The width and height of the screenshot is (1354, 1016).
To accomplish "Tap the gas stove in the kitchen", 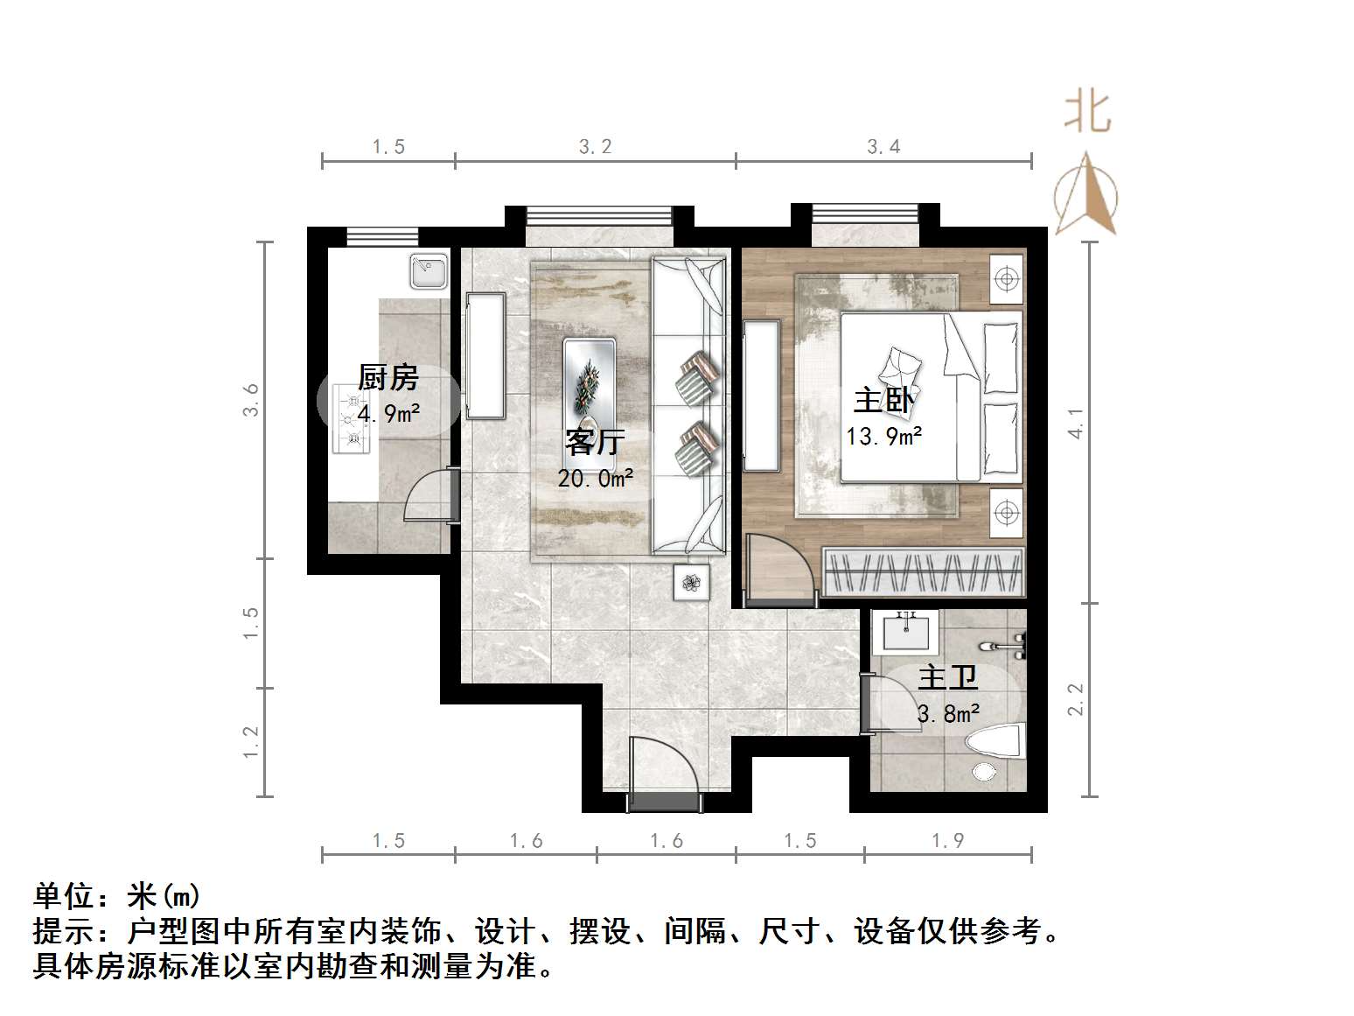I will [x=351, y=420].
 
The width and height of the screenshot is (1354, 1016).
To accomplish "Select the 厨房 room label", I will [x=388, y=378].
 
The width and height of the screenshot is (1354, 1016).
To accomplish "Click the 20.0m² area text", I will [x=596, y=478].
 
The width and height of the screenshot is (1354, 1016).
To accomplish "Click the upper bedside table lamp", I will [x=1007, y=279].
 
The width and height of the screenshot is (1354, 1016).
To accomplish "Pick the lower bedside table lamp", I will [x=1007, y=512].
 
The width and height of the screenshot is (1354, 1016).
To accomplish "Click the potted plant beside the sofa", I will [x=692, y=583].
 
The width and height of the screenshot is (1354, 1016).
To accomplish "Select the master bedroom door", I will [x=778, y=569].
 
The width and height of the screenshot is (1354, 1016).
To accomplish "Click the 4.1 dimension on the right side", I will [x=1077, y=424].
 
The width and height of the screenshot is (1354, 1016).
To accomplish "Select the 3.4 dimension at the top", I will [x=883, y=146].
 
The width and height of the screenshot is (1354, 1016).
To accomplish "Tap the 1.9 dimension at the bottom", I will [x=947, y=841].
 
